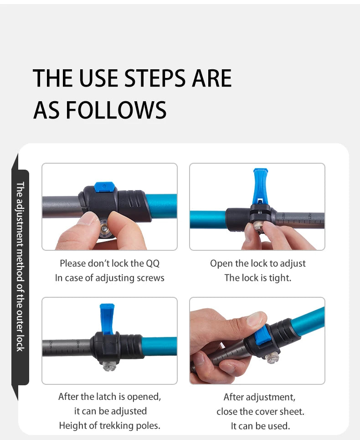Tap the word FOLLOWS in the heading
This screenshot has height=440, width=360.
[x=116, y=110]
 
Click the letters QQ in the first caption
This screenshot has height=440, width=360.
[x=153, y=264]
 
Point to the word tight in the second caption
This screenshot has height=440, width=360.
[x=280, y=278]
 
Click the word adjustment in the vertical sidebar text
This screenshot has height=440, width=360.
[x=20, y=218]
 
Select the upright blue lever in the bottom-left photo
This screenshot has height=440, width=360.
[x=107, y=319]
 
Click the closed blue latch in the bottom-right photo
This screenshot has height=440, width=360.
[x=261, y=336]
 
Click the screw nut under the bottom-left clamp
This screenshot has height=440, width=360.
[x=109, y=366]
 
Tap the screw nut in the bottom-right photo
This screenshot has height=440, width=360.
[x=272, y=358]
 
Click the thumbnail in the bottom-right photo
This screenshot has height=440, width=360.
[x=256, y=319]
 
